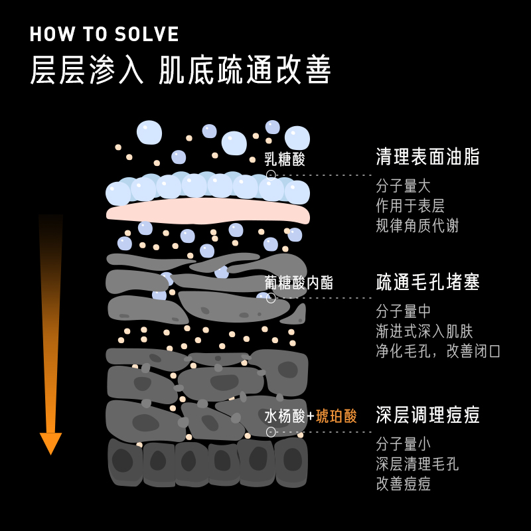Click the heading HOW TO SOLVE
pos(104,35)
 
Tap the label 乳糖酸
pos(285,159)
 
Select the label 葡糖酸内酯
pos(299,283)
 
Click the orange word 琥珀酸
pos(337,416)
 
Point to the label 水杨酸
pos(285,416)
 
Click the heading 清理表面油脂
pos(427,157)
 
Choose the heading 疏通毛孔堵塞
pos(427,282)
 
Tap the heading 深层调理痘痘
pos(427,416)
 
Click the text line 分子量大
pos(403,186)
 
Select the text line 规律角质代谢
pos(417,226)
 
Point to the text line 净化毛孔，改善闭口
pos(438,351)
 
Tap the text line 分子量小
pos(403,444)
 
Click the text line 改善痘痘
pos(403,484)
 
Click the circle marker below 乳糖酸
pos(271,175)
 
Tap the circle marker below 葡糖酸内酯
pos(271,298)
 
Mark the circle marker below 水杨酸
pos(271,432)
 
